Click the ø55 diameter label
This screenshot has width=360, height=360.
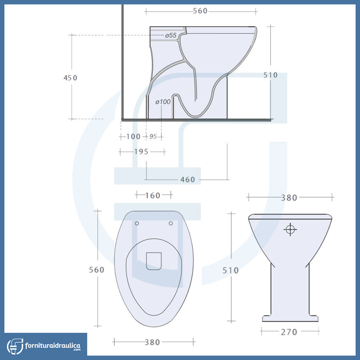click(171, 35)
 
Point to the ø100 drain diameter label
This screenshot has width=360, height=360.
click(163, 102)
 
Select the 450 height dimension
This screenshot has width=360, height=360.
click(70, 78)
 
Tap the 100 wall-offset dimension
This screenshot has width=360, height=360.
click(133, 137)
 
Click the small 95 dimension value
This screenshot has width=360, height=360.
click(153, 137)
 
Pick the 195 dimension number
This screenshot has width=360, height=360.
click(141, 152)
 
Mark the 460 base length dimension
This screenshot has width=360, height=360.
click(188, 180)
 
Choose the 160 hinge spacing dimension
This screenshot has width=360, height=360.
click(153, 196)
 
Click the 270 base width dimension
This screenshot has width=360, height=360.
click(289, 332)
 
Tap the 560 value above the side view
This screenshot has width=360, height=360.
click(200, 11)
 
